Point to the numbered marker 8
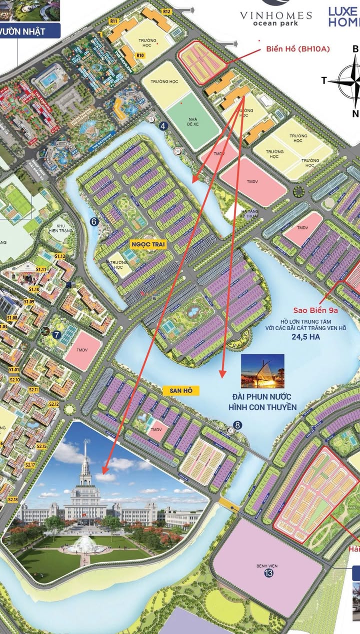(x=237, y=425)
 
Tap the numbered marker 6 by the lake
(x=93, y=221)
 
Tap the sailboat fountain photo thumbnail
(x=262, y=371)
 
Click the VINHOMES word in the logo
(x=276, y=15)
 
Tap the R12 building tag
(x=166, y=11)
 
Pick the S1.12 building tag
(x=60, y=256)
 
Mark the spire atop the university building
(x=86, y=457)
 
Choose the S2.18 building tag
(x=13, y=500)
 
